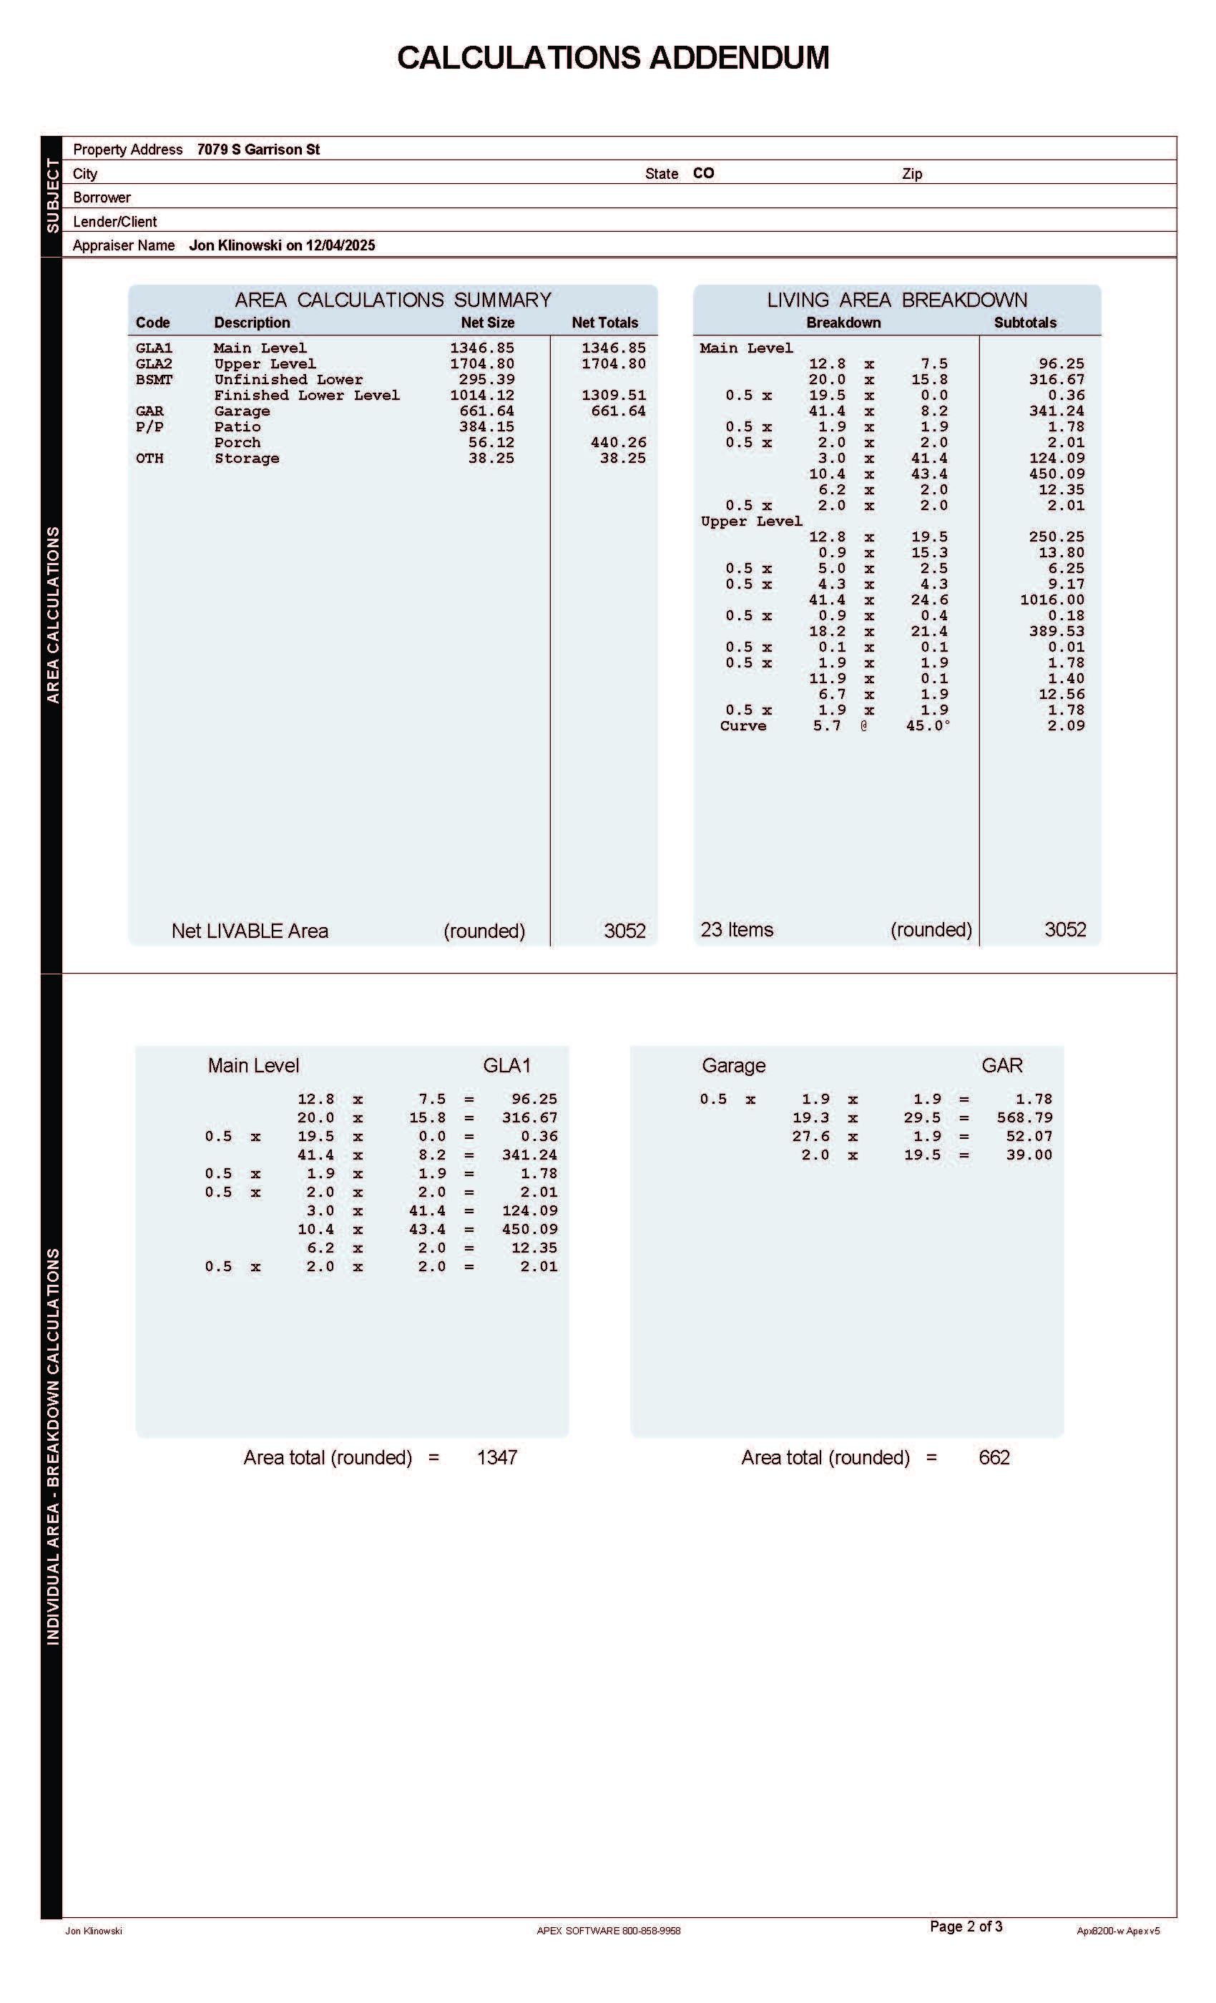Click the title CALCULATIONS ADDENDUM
coord(612,58)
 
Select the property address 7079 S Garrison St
coord(258,150)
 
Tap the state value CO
coord(703,173)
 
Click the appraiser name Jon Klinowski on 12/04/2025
coord(281,245)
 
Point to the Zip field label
coord(911,174)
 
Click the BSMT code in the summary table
coord(154,380)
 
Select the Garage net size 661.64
coord(486,411)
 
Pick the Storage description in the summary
coord(246,459)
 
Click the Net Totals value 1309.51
coord(613,395)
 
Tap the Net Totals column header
coord(604,323)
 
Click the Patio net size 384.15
coord(486,427)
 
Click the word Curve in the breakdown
coord(742,726)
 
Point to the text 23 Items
coord(737,929)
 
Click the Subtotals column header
coord(1024,323)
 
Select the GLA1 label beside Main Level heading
coord(506,1065)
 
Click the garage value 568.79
coord(1024,1117)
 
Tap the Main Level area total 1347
coord(496,1458)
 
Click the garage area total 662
coord(994,1458)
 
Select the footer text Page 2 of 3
coord(966,1926)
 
